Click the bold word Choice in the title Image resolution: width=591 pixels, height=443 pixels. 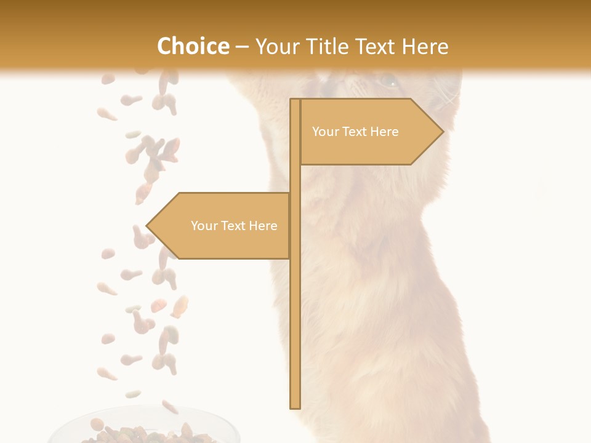[193, 46]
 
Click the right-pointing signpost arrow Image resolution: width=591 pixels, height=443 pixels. [369, 132]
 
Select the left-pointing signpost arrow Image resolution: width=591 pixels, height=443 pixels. [219, 226]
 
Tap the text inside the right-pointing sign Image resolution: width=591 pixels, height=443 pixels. [355, 132]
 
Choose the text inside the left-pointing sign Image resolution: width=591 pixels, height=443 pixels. [234, 226]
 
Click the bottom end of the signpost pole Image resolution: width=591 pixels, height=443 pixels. [295, 406]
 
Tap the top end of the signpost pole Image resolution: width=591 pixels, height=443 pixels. [295, 101]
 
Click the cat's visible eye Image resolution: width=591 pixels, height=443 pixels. [388, 81]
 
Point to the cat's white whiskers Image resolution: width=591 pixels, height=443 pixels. [452, 98]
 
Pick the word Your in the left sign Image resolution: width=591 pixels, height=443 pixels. [204, 226]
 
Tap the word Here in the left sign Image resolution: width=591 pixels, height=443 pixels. [263, 226]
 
